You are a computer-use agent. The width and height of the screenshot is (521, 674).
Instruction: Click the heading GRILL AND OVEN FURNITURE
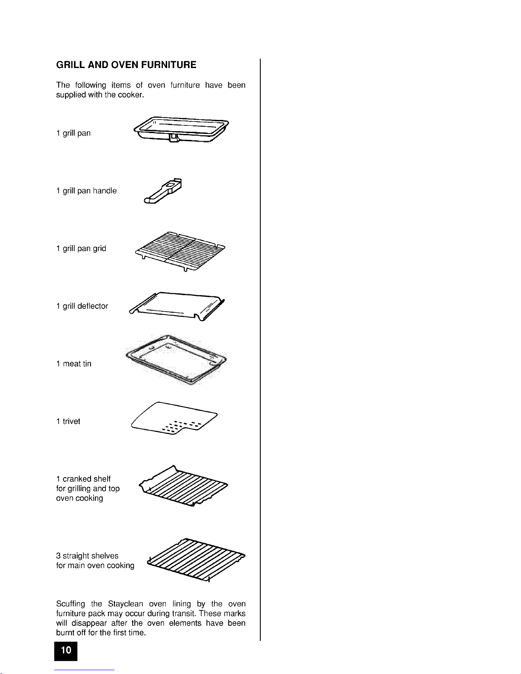(x=126, y=65)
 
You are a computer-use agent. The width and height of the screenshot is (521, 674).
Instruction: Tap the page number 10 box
(x=66, y=650)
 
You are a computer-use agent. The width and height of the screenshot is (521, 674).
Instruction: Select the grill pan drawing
(x=181, y=130)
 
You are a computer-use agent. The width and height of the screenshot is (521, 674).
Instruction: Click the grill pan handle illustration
(x=163, y=191)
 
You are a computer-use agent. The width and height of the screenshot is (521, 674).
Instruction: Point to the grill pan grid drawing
(x=179, y=251)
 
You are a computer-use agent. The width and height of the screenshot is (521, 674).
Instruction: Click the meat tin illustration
(x=175, y=360)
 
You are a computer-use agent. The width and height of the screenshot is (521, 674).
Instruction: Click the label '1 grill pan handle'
(x=86, y=191)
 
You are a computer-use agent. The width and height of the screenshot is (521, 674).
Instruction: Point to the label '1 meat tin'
(x=74, y=364)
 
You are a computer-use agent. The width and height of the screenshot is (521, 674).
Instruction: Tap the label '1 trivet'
(x=68, y=421)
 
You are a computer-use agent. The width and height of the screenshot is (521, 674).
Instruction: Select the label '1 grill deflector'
(x=82, y=306)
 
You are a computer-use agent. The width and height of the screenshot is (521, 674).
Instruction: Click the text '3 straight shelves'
(x=87, y=556)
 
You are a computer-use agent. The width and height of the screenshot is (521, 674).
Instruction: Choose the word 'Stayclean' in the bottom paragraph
(x=125, y=604)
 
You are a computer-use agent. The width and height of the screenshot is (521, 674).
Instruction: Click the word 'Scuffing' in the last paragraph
(x=71, y=604)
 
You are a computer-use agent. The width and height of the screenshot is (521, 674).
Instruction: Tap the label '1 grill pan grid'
(x=81, y=248)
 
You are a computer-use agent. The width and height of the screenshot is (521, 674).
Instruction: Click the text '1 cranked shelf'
(x=83, y=479)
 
